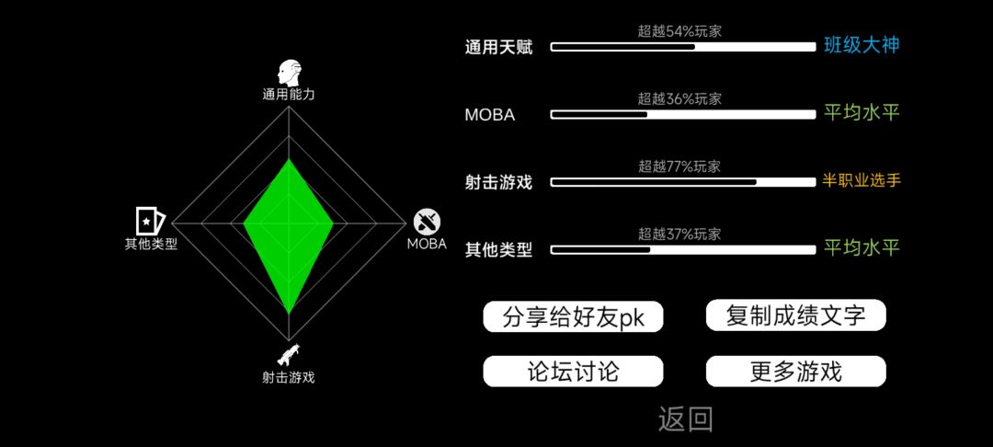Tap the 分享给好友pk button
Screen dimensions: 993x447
click(573, 316)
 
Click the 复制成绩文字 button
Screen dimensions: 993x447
click(796, 315)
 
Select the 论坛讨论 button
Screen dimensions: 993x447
click(573, 371)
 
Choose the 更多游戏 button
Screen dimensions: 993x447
click(796, 371)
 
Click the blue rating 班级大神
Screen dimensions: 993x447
click(862, 46)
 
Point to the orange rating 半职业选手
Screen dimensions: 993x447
click(862, 181)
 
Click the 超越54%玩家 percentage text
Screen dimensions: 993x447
click(679, 31)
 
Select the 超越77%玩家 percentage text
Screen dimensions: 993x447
click(679, 166)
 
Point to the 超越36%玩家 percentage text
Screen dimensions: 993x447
click(679, 98)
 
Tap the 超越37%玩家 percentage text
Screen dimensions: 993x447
click(679, 235)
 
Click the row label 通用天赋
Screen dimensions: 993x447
click(498, 48)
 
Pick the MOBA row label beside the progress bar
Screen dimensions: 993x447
click(489, 115)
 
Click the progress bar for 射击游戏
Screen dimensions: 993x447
click(683, 182)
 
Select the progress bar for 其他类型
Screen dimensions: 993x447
click(683, 250)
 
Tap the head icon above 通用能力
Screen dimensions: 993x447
click(289, 74)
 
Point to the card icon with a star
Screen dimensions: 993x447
click(151, 221)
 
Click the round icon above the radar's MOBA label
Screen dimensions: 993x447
click(427, 222)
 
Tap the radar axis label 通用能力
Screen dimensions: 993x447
click(289, 95)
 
